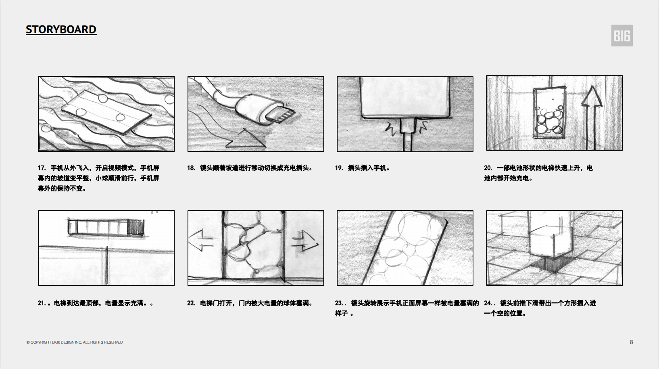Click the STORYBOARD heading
tap(61, 29)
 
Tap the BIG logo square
tap(622, 36)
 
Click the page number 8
tap(631, 342)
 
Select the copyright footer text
tap(75, 342)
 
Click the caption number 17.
tap(42, 168)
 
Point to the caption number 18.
tap(191, 168)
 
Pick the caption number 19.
tap(339, 168)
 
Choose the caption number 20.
tap(488, 168)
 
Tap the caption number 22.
tap(191, 303)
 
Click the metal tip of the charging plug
tap(281, 115)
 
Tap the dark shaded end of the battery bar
tap(136, 227)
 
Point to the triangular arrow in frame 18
tap(246, 139)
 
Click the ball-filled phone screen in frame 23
tap(407, 248)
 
